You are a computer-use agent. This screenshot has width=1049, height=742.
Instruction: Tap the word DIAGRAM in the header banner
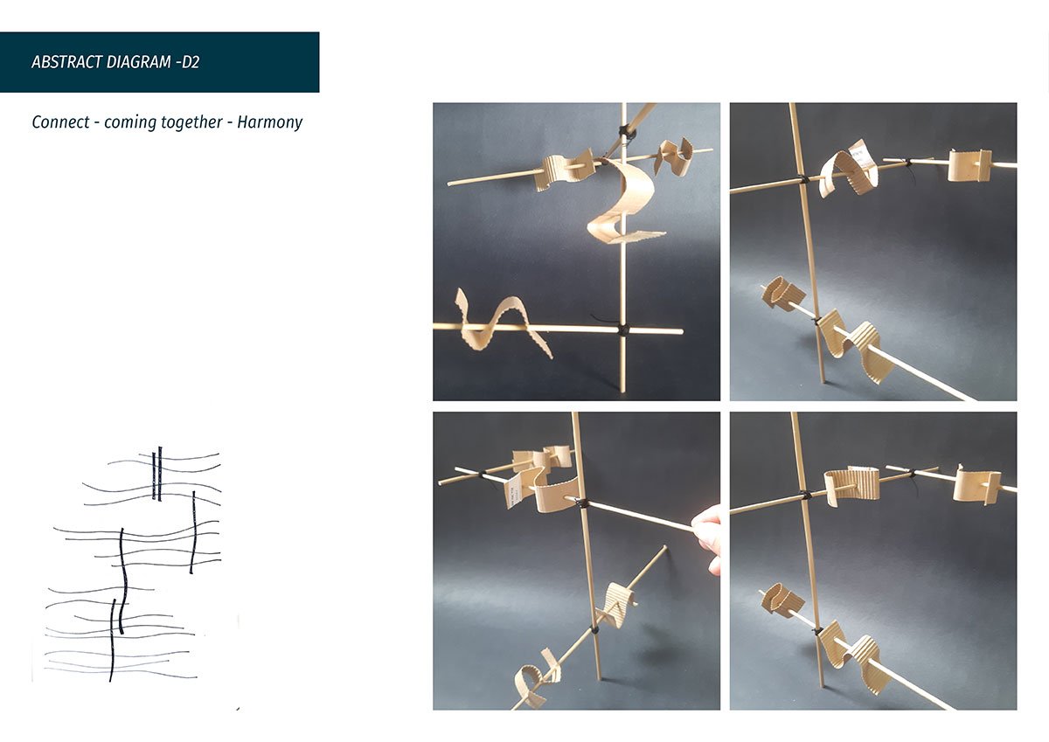[128, 63]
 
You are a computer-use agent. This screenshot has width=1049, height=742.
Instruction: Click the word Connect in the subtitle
[60, 122]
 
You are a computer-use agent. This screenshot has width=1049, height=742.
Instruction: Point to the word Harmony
[270, 122]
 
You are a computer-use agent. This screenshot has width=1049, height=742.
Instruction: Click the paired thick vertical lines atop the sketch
[156, 474]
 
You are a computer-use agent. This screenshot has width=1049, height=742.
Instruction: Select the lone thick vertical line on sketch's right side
[193, 532]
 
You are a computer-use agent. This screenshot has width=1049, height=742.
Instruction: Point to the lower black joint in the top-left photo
[623, 330]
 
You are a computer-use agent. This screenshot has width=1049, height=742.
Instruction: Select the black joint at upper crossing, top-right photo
[802, 181]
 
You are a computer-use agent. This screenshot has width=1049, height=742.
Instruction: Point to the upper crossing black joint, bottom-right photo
[803, 496]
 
